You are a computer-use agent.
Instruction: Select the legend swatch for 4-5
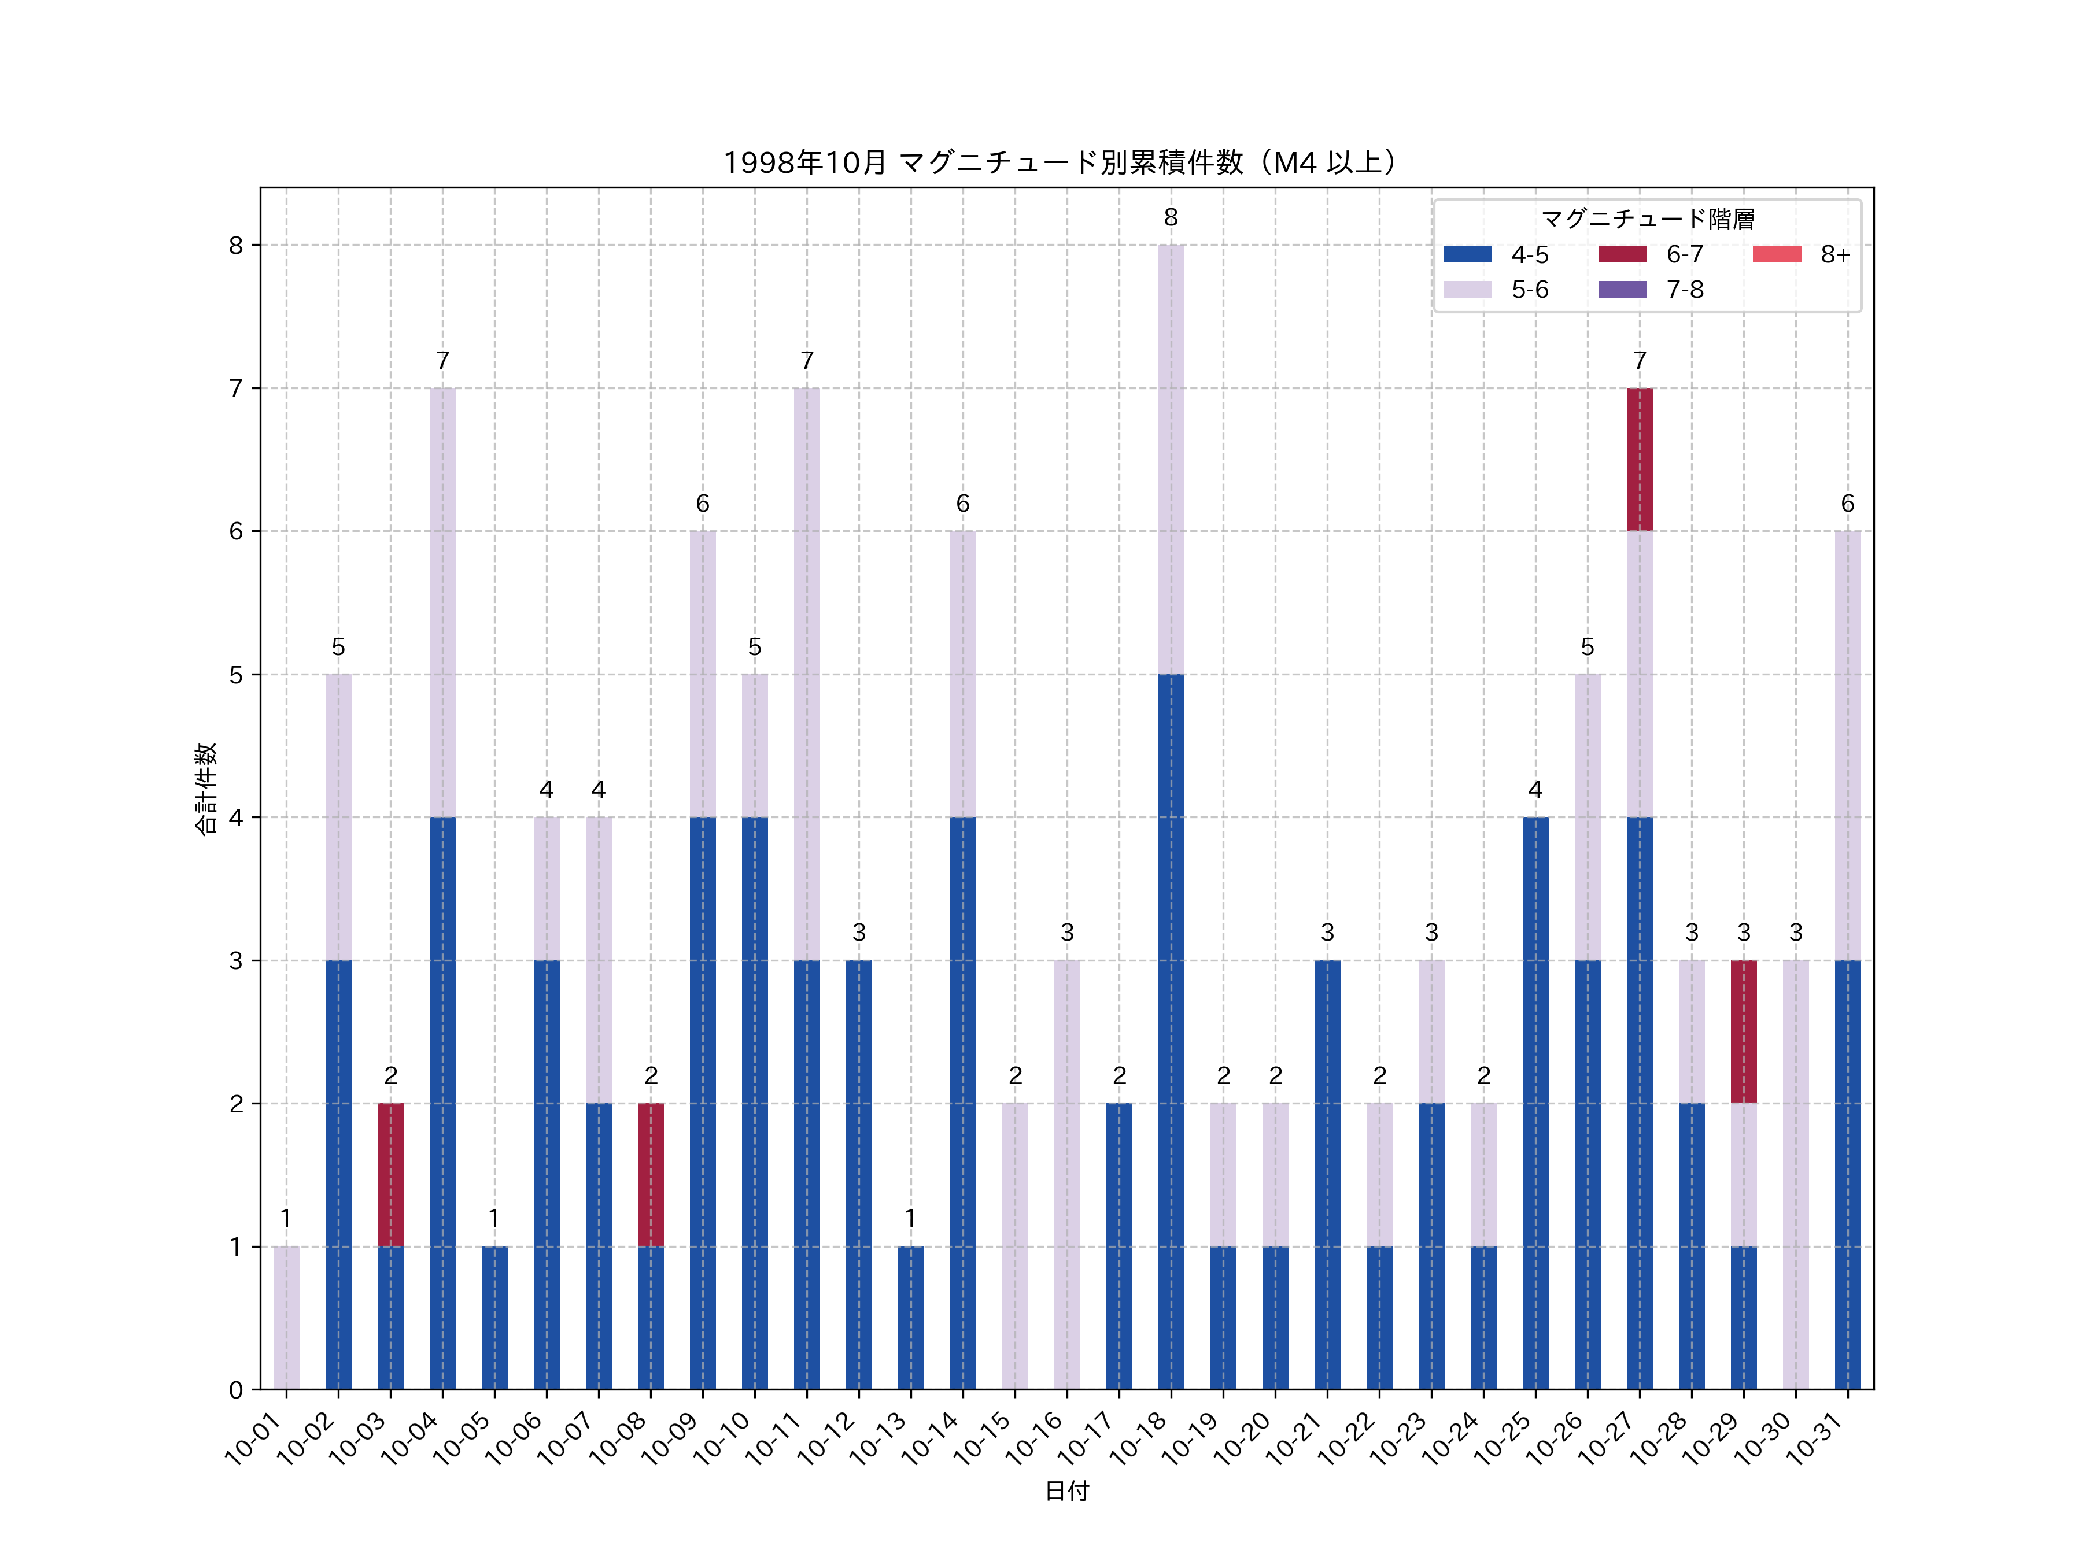pyautogui.click(x=1467, y=254)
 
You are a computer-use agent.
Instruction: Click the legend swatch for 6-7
pyautogui.click(x=1622, y=254)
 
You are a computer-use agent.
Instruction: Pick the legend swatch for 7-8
pyautogui.click(x=1622, y=289)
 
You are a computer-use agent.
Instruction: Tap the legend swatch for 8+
pyautogui.click(x=1776, y=254)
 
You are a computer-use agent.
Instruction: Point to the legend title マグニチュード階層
pyautogui.click(x=1647, y=219)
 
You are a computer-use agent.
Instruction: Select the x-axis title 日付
pyautogui.click(x=1066, y=1490)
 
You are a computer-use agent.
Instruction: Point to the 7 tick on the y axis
pyautogui.click(x=235, y=389)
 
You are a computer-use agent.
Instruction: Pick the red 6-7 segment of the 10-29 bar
pyautogui.click(x=1743, y=1031)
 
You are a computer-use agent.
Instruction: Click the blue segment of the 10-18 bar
pyautogui.click(x=1171, y=1031)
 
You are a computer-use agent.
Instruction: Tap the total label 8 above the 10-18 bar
pyautogui.click(x=1171, y=217)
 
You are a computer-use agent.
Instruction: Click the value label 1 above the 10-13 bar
pyautogui.click(x=910, y=1219)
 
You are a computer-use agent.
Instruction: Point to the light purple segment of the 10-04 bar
pyautogui.click(x=442, y=602)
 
